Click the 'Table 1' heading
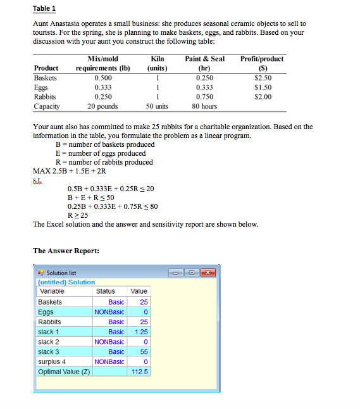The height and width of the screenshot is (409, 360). (44, 9)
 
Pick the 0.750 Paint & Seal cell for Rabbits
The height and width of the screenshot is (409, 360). (204, 97)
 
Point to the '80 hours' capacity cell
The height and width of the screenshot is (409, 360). (204, 106)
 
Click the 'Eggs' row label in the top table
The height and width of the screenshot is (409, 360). (42, 87)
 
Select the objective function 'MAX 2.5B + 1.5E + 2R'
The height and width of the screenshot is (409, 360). (71, 171)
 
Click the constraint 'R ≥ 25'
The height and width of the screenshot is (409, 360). (78, 215)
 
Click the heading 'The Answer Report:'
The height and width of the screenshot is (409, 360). (66, 251)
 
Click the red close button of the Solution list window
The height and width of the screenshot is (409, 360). (208, 272)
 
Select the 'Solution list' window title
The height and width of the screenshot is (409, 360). (61, 272)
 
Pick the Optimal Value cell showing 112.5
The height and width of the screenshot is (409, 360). (139, 372)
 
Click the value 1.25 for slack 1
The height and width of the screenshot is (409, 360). (139, 332)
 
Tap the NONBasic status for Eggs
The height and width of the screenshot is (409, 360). (109, 311)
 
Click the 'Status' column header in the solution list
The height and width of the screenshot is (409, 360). (106, 291)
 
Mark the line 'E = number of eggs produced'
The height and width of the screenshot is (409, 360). (101, 153)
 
